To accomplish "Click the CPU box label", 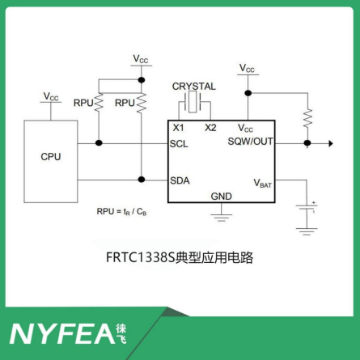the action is [x=51, y=157].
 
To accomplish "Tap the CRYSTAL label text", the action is [x=194, y=87].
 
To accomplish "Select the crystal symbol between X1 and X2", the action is [x=193, y=101].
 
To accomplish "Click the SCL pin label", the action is [x=179, y=144].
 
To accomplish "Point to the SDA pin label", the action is [x=180, y=180].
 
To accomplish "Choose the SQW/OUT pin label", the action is [x=251, y=142].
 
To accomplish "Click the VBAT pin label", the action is [x=262, y=183].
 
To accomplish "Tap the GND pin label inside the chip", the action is [x=221, y=197].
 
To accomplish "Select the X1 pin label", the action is [x=178, y=128].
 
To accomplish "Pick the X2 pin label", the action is [x=210, y=128].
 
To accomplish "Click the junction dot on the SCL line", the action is [x=99, y=143].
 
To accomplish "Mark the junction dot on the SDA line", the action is [x=142, y=180].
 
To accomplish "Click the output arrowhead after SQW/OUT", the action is [x=331, y=143].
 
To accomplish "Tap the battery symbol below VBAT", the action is [x=307, y=209].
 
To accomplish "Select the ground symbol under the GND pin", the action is [x=221, y=218].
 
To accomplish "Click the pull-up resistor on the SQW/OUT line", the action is [x=307, y=118].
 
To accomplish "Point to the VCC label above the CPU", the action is [x=51, y=96].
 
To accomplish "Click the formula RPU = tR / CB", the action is [x=121, y=212].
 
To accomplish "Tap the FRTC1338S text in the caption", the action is [x=141, y=257].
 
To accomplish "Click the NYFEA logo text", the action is [x=62, y=334].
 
